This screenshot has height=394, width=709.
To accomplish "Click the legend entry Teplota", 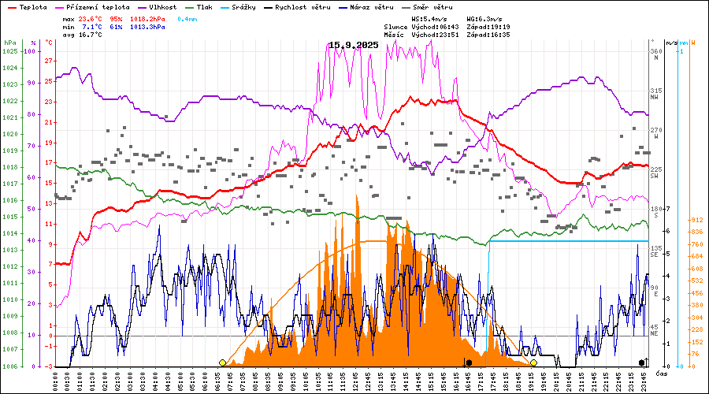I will [x=27, y=6].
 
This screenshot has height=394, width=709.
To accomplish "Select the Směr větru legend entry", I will [x=446, y=6].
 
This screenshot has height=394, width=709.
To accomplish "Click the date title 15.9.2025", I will [x=354, y=45].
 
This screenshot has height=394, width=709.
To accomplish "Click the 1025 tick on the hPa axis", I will [x=9, y=51].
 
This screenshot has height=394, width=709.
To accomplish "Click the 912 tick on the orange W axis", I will [x=696, y=221].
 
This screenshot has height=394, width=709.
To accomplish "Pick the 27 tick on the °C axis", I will [x=49, y=61].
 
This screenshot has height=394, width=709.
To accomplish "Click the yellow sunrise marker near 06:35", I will [x=222, y=362].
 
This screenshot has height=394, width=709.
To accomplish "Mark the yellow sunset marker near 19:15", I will [x=533, y=362].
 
